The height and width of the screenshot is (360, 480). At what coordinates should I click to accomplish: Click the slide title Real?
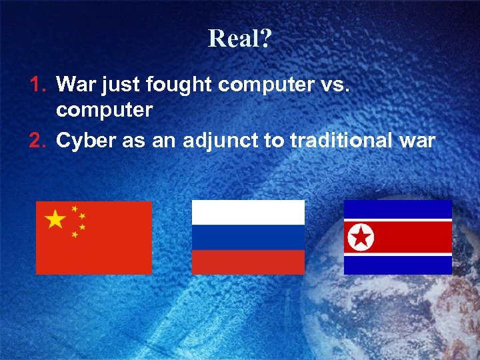(x=239, y=39)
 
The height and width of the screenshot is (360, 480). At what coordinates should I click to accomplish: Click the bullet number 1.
(x=37, y=84)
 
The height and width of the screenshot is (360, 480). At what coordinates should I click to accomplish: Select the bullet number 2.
(x=37, y=141)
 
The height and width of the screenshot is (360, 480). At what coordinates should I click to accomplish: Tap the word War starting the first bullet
(x=75, y=84)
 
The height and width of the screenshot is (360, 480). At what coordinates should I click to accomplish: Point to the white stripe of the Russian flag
(x=248, y=212)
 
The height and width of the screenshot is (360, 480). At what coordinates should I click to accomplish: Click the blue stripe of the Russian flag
(x=248, y=237)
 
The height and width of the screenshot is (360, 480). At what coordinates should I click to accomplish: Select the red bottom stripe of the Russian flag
(x=248, y=261)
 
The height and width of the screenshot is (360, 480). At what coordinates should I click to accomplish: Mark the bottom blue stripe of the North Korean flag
(x=398, y=265)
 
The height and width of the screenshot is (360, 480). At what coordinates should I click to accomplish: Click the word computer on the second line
(x=105, y=110)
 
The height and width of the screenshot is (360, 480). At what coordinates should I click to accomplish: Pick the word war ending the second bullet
(x=418, y=141)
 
